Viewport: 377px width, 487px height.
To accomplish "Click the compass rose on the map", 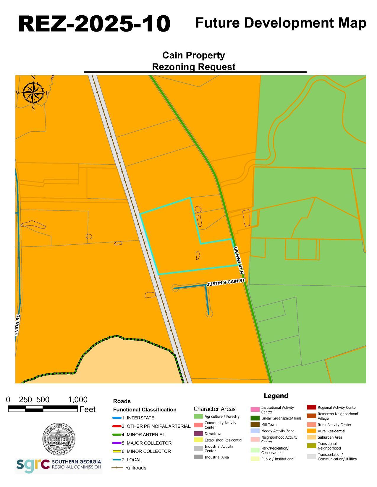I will click(33, 93).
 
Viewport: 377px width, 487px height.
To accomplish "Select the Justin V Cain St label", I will click(226, 282).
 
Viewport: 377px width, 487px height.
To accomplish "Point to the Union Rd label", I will click(17, 325).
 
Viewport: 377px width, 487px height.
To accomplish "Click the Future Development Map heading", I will click(281, 23).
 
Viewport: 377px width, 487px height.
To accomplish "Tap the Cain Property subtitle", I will click(193, 55).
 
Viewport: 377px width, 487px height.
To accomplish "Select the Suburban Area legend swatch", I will click(311, 437).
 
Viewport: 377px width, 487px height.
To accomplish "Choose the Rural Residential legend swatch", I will click(311, 431).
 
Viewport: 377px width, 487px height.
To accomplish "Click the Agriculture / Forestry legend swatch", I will click(198, 416).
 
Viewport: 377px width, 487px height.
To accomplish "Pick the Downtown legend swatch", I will click(198, 434).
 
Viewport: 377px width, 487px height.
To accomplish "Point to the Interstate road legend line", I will click(117, 418).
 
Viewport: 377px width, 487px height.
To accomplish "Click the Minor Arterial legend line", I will click(117, 434).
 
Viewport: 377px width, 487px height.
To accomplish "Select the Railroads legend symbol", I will click(117, 468).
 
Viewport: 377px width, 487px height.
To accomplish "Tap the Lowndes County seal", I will click(59, 439).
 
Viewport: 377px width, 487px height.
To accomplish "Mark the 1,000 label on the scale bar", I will click(78, 400).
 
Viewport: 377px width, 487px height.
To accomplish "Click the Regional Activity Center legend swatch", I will click(311, 407).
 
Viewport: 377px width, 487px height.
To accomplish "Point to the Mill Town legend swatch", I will click(255, 424).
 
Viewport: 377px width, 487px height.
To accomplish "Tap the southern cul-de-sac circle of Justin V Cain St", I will click(209, 314).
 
